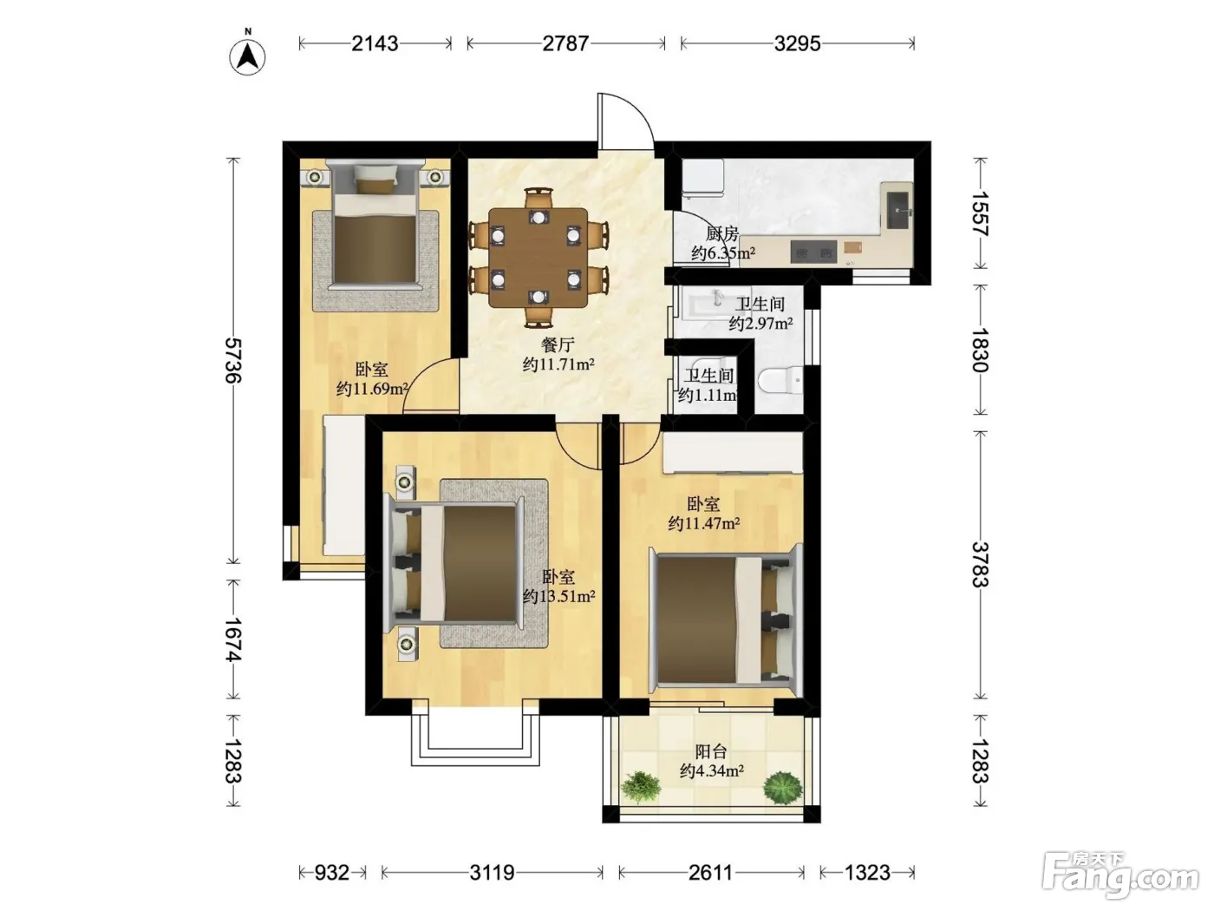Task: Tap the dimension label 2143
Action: click(375, 43)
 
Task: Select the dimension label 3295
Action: click(797, 43)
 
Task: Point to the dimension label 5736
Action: click(233, 360)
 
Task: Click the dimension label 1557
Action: click(980, 213)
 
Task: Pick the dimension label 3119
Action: click(492, 873)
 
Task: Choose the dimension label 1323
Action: click(867, 873)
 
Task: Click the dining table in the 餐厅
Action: click(538, 257)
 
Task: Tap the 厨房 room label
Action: click(721, 234)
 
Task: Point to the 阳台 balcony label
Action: click(711, 751)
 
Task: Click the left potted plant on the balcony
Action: click(641, 787)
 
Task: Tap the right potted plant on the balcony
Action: click(783, 788)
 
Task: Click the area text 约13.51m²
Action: click(558, 596)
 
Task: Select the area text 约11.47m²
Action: click(703, 523)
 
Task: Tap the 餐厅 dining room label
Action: click(558, 345)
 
